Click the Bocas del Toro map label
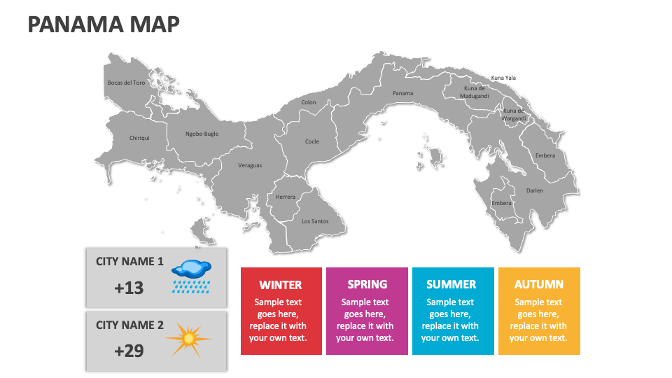[126, 83]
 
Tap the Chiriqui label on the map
[139, 138]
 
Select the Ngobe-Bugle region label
[202, 134]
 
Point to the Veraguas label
[250, 165]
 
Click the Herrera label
[285, 197]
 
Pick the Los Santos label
[314, 221]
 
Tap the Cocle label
[312, 141]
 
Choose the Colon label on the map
[309, 102]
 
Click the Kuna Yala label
[503, 78]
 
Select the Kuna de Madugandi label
[475, 92]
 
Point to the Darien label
[535, 190]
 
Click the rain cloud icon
[191, 275]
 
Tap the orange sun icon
[188, 339]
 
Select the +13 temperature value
[129, 287]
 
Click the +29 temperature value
[129, 351]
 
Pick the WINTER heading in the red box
[281, 285]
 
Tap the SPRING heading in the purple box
[367, 284]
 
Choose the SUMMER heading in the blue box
[451, 285]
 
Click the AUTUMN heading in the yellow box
[539, 284]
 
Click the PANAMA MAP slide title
[104, 24]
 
